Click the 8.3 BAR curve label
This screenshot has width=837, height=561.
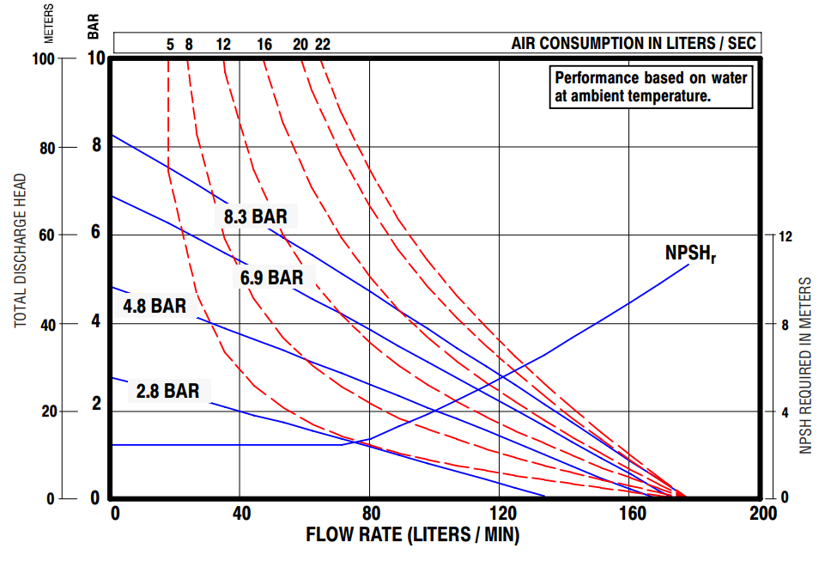click(256, 217)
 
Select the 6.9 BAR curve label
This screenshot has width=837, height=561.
click(271, 277)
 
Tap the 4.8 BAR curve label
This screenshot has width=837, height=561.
click(155, 306)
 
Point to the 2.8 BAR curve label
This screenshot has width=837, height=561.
click(167, 392)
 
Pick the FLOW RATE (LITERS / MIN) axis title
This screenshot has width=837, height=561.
click(413, 534)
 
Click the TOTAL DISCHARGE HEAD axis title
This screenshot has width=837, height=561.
click(21, 251)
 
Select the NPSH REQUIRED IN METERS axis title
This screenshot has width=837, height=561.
click(805, 365)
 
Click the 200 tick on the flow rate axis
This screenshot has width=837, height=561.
click(762, 514)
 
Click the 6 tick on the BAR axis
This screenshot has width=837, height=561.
click(96, 233)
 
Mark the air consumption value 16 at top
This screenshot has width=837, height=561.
click(264, 44)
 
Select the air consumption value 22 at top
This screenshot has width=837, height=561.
click(322, 44)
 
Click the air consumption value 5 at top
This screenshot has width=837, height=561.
click(170, 44)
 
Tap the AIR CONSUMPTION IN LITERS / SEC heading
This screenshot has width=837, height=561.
click(635, 43)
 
